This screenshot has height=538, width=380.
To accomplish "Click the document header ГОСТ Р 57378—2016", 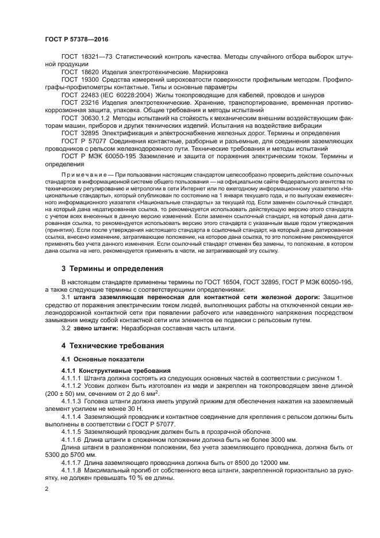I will [x=76, y=39].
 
